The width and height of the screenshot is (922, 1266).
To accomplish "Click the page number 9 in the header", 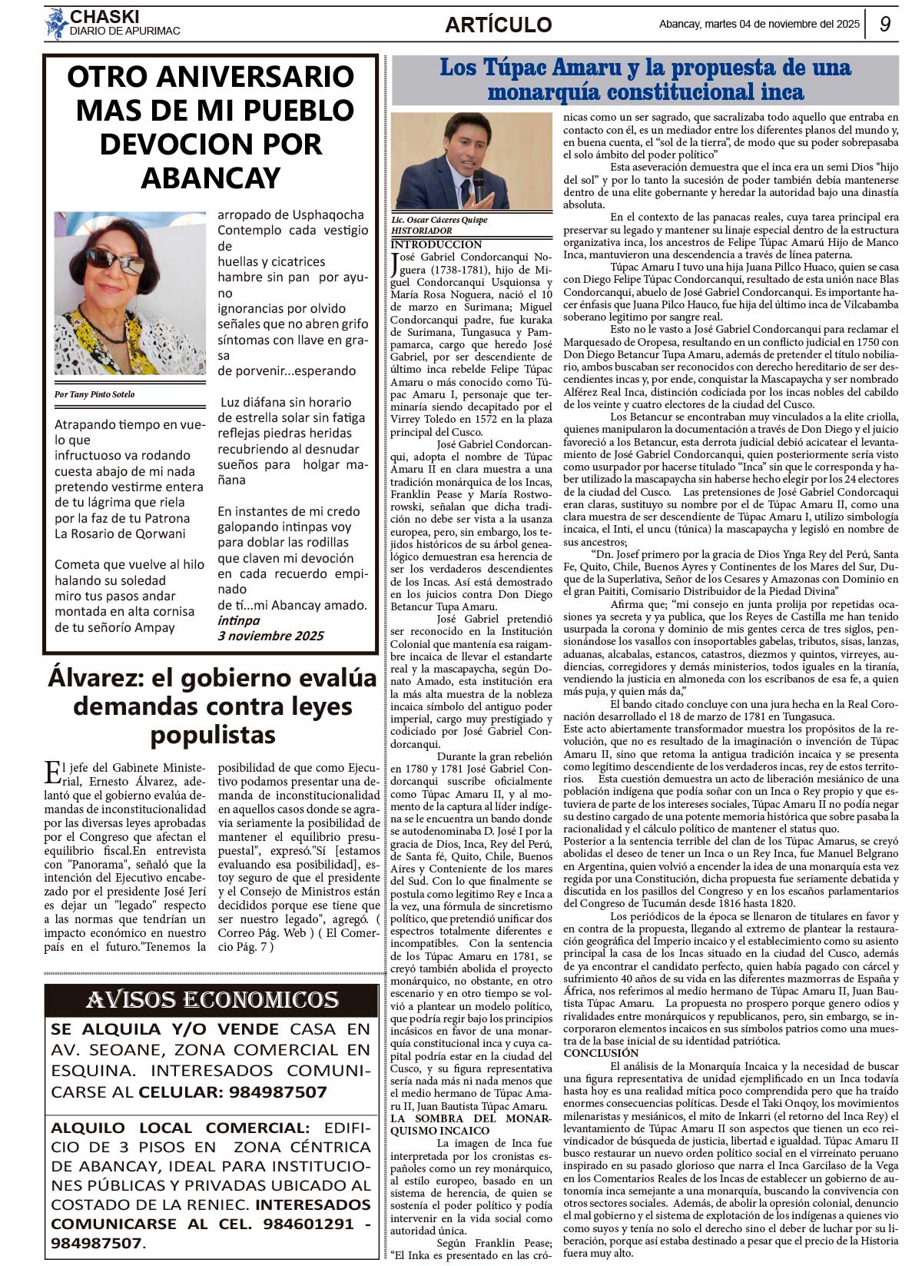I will tap(885, 24).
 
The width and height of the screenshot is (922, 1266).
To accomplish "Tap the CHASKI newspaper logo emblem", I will tap(56, 24).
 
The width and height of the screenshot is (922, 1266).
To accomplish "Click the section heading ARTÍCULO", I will tap(498, 25).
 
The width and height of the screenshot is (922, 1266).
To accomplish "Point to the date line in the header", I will tap(759, 24).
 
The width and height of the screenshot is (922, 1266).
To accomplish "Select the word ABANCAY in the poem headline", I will tap(211, 178).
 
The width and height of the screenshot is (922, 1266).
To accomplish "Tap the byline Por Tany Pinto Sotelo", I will tap(95, 394).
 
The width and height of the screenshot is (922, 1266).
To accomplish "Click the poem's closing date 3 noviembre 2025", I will tap(270, 636).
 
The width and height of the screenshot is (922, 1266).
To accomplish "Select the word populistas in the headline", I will tap(213, 735).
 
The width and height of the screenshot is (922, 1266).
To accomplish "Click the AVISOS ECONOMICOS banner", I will tap(212, 999).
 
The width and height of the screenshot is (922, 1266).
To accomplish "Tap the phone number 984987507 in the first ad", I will tap(275, 1092).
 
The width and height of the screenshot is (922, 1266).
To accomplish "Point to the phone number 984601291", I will tap(308, 1224).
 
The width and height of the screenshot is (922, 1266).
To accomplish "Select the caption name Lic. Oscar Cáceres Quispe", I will tap(439, 220).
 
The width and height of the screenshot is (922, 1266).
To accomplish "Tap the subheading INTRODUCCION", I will tap(436, 244).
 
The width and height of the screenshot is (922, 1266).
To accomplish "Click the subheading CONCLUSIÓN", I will tap(601, 1053).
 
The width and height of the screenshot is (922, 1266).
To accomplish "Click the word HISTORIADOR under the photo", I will tap(421, 231).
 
